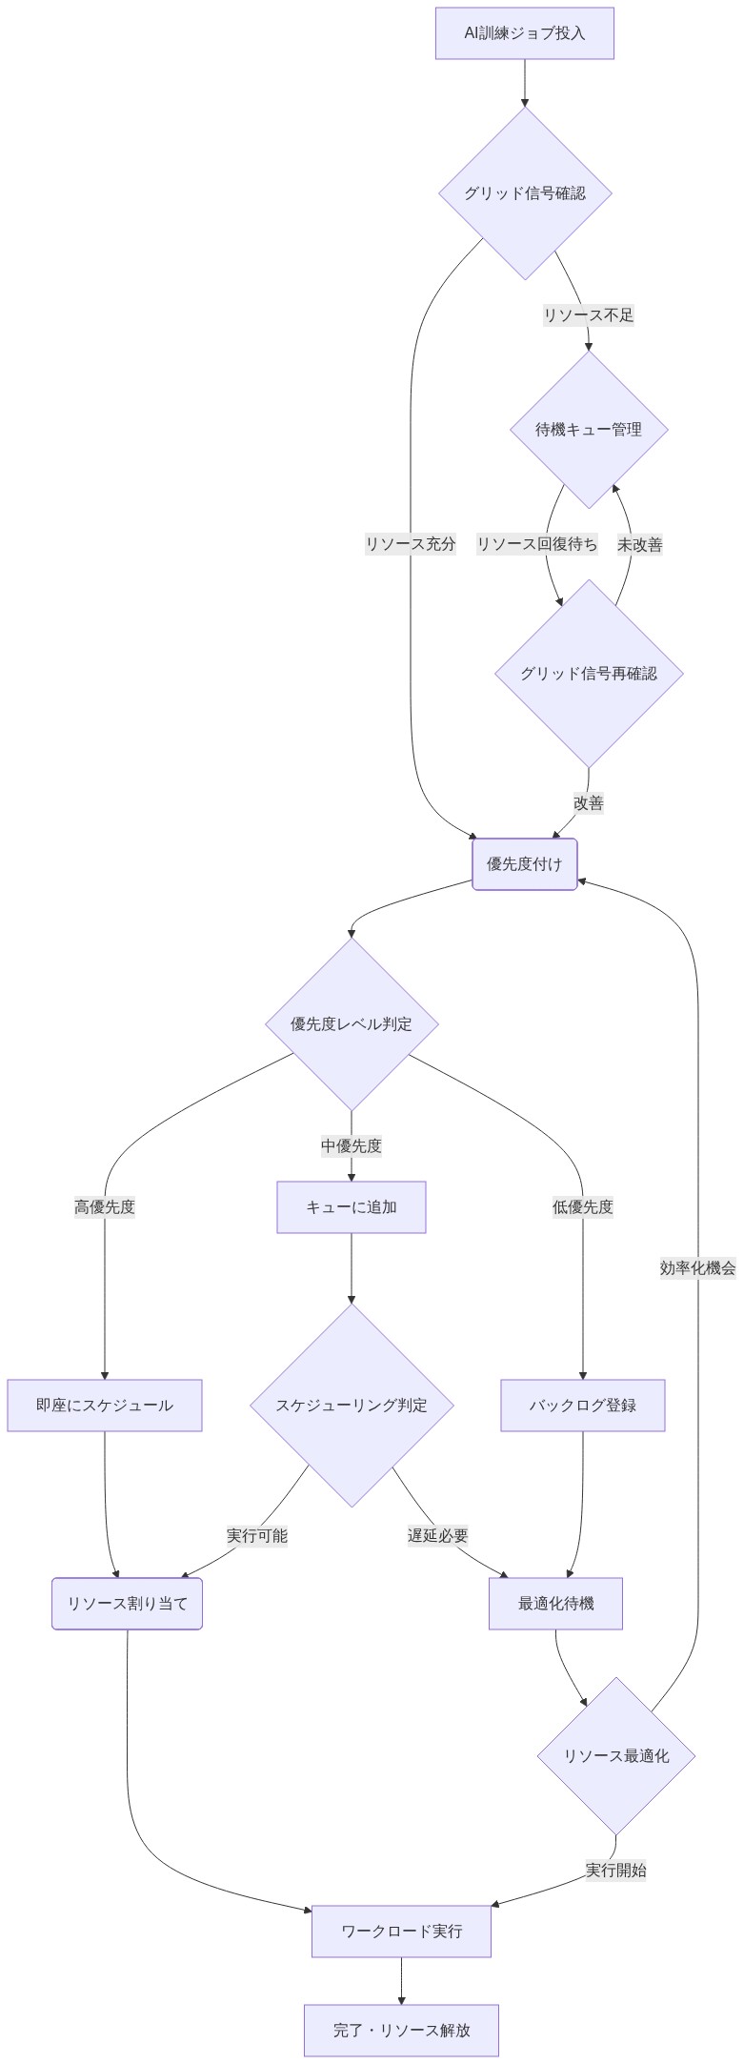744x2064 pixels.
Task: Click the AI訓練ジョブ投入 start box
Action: (x=524, y=33)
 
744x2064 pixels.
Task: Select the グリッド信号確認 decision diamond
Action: (x=524, y=193)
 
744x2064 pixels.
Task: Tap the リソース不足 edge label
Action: (x=588, y=315)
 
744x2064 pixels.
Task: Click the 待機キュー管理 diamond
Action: (x=588, y=430)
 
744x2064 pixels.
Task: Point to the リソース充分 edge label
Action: (x=411, y=545)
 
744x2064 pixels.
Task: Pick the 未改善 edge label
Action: (x=639, y=545)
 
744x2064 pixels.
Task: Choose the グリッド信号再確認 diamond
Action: (x=588, y=674)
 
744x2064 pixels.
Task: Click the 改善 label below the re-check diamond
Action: (x=588, y=803)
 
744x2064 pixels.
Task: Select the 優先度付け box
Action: (x=524, y=864)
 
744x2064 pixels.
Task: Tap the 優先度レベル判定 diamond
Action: (x=352, y=1024)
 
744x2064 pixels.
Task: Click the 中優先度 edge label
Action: (x=352, y=1146)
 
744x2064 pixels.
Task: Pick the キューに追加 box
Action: (x=352, y=1207)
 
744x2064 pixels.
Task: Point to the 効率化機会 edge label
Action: (x=697, y=1268)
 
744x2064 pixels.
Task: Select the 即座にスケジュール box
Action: (x=105, y=1406)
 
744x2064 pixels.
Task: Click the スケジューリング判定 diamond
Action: (x=352, y=1406)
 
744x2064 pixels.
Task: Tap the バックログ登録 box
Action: (x=582, y=1406)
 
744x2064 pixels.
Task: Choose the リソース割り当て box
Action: (x=127, y=1604)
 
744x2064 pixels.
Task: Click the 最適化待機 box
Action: (x=555, y=1604)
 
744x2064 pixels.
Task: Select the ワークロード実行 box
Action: (x=401, y=1932)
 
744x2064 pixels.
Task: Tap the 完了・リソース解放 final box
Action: (x=401, y=2031)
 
